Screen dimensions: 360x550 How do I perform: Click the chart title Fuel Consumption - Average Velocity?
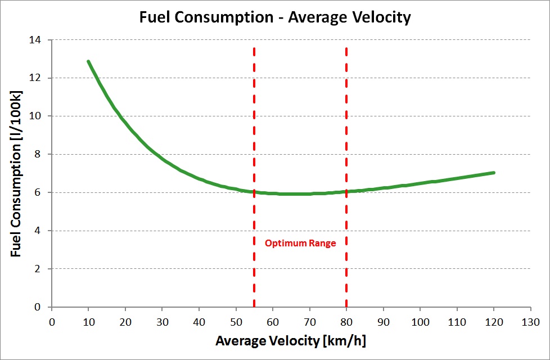click(x=275, y=17)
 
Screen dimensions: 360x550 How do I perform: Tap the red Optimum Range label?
click(x=300, y=244)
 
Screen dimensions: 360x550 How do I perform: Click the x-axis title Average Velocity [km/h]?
click(x=292, y=341)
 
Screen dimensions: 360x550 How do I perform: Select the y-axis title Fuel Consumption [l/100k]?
click(x=16, y=173)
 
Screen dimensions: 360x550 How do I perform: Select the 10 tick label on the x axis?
click(x=88, y=322)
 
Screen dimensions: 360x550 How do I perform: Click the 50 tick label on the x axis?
click(x=236, y=322)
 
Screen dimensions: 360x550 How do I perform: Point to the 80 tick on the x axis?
click(x=346, y=322)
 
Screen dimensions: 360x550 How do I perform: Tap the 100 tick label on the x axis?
click(x=420, y=322)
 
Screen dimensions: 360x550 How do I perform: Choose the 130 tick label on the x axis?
click(x=530, y=322)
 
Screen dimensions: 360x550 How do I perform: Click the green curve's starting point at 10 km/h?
click(x=88, y=61)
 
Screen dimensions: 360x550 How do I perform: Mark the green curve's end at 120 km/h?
click(x=494, y=173)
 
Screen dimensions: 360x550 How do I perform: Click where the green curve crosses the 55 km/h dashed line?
click(x=254, y=192)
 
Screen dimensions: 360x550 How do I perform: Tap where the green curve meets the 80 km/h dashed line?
click(x=346, y=191)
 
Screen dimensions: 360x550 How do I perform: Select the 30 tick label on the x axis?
click(x=162, y=322)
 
